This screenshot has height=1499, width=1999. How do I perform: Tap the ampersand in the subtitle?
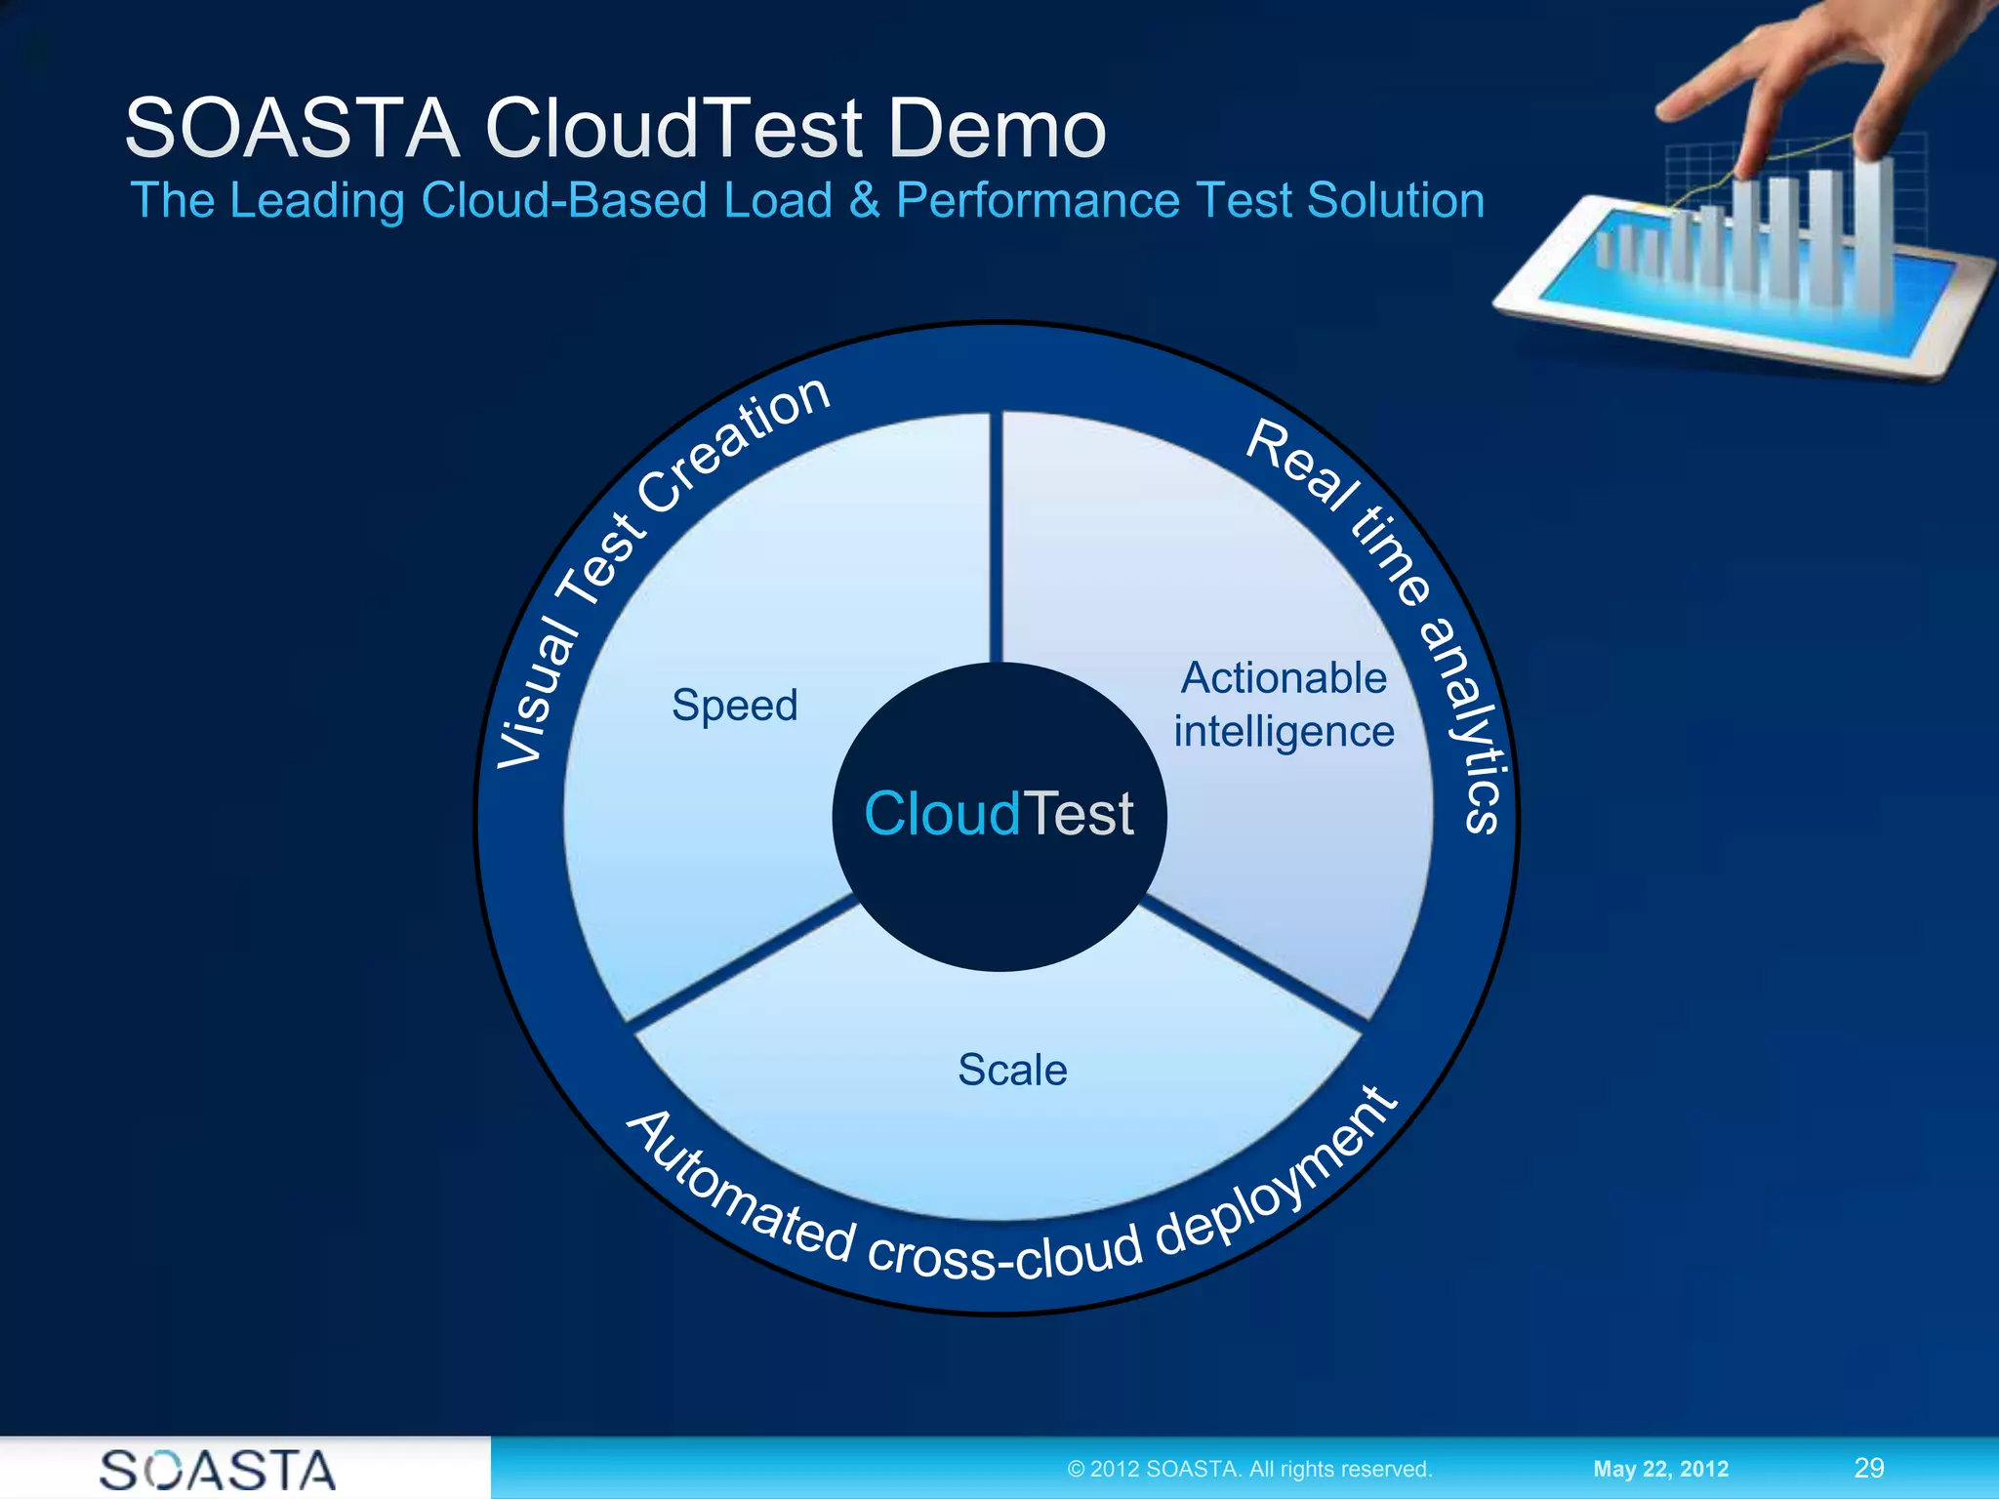[x=863, y=201]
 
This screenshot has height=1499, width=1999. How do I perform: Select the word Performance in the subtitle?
[x=1039, y=201]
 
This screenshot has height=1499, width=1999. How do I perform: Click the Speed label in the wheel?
[x=734, y=705]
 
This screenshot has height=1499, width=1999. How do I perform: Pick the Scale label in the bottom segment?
[x=1012, y=1070]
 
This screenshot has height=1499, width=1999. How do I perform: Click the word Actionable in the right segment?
[x=1284, y=678]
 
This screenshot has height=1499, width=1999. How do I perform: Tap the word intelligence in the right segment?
[x=1284, y=732]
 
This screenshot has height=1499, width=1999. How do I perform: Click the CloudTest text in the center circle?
[x=999, y=814]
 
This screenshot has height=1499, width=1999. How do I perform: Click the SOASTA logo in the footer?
[x=218, y=1470]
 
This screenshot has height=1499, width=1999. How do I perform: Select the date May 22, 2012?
[x=1660, y=1469]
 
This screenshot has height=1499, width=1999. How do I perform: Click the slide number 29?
[x=1868, y=1468]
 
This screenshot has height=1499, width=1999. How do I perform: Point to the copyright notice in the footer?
[x=1249, y=1469]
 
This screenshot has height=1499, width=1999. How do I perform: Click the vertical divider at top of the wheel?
[x=996, y=537]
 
